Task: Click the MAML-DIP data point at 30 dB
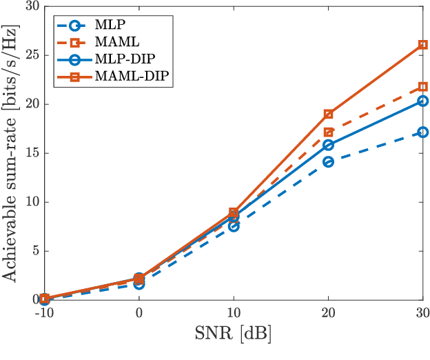tap(423, 45)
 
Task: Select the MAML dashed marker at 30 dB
tap(423, 87)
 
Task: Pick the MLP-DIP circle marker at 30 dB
tap(423, 101)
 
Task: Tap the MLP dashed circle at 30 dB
tap(423, 132)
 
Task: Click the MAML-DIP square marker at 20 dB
tap(328, 114)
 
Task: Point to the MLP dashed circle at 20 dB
tap(328, 161)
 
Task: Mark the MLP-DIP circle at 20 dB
tap(328, 145)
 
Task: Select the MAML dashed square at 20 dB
tap(328, 132)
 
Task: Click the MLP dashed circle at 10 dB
tap(234, 226)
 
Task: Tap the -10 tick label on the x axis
tap(44, 312)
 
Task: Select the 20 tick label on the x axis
tap(328, 312)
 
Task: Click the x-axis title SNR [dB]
tap(234, 334)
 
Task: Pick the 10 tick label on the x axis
tap(234, 312)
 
